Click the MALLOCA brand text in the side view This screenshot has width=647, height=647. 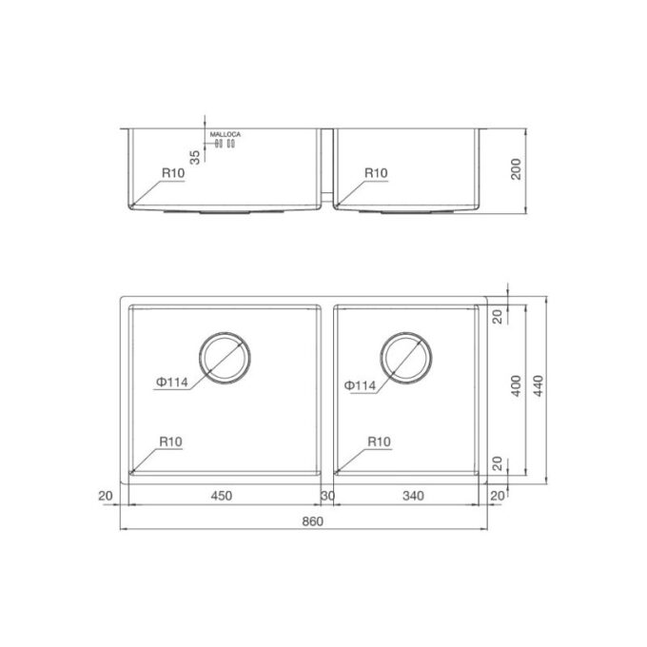225,135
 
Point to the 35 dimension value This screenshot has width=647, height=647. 195,157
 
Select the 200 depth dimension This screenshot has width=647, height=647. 516,169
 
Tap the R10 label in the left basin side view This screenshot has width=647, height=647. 171,172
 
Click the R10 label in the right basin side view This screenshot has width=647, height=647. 376,172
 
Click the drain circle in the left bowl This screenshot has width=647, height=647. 225,360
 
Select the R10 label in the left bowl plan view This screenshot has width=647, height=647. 171,441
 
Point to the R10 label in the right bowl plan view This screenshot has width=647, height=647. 379,441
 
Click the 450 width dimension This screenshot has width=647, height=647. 221,496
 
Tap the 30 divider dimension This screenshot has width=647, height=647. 327,496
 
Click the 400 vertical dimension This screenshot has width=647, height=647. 516,385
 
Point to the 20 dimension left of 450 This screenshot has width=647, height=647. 105,496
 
